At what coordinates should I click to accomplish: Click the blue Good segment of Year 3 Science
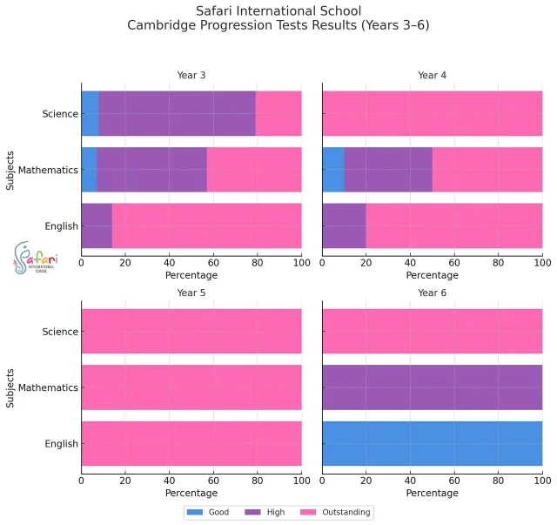click(90, 113)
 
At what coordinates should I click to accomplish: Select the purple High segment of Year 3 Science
click(177, 113)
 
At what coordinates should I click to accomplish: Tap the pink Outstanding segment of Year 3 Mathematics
click(254, 170)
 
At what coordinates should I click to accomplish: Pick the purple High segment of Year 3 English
click(97, 226)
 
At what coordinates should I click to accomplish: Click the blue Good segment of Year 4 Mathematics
click(333, 170)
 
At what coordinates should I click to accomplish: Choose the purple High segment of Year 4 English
click(344, 226)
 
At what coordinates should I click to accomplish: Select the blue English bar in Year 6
click(433, 443)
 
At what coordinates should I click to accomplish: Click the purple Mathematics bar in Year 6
click(433, 387)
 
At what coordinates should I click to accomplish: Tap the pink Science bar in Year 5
click(191, 332)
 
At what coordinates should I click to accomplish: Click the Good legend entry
click(209, 512)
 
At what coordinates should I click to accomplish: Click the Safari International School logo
click(37, 258)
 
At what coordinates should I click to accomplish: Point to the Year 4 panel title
click(433, 75)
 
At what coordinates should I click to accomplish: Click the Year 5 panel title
click(191, 293)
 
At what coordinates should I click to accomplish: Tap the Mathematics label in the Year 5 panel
click(49, 387)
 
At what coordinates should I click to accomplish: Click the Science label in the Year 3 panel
click(60, 113)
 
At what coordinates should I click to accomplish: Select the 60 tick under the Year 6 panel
click(454, 480)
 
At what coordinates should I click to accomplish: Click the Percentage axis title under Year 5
click(191, 493)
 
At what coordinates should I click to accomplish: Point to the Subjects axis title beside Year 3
click(10, 170)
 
